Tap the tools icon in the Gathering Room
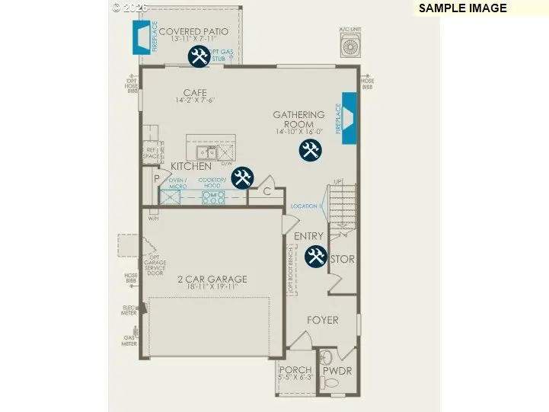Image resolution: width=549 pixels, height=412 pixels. [x=310, y=150]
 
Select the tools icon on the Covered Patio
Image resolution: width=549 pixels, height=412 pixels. [x=199, y=56]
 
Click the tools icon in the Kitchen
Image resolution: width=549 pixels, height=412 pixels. [x=243, y=177]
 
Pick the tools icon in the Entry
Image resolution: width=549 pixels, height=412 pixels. [x=316, y=257]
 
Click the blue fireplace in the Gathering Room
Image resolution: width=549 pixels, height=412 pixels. [x=350, y=118]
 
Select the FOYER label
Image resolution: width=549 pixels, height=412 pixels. [x=322, y=320]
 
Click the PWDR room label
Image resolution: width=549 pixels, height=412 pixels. [x=337, y=371]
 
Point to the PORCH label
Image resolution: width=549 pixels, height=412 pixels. [x=295, y=370]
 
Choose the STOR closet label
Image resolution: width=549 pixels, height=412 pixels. [x=342, y=260]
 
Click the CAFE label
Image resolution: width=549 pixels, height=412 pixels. [x=194, y=93]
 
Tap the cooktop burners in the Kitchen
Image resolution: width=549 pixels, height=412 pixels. [x=213, y=197]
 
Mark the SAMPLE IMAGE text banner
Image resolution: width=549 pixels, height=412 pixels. [x=462, y=8]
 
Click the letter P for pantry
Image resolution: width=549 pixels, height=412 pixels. [x=157, y=179]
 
